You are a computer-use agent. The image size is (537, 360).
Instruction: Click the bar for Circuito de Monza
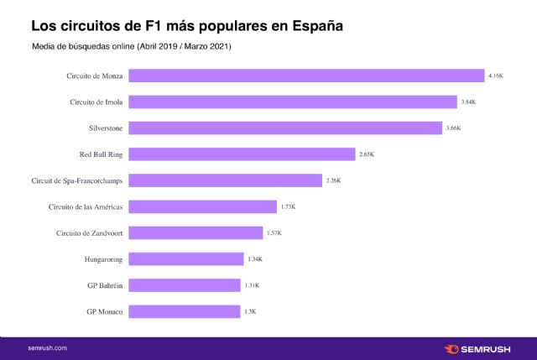pyautogui.click(x=306, y=76)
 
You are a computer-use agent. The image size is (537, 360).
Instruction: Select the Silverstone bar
pyautogui.click(x=285, y=128)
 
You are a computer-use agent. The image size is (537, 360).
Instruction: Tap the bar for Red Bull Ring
pyautogui.click(x=242, y=154)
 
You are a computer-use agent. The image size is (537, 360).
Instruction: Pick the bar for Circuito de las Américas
pyautogui.click(x=203, y=206)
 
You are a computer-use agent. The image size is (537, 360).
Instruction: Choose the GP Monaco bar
pyautogui.click(x=185, y=311)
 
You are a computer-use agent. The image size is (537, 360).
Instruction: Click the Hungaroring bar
pyautogui.click(x=186, y=259)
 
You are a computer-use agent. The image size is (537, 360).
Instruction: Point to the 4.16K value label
pyautogui.click(x=496, y=76)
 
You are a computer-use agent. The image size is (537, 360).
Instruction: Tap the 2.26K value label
pyautogui.click(x=333, y=180)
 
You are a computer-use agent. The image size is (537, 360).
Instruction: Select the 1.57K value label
pyautogui.click(x=274, y=233)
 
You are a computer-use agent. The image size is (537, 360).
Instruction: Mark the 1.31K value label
pyautogui.click(x=251, y=285)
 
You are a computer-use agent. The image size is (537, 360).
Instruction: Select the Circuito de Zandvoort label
pyautogui.click(x=89, y=233)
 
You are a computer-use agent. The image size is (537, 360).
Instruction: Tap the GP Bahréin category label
pyautogui.click(x=105, y=285)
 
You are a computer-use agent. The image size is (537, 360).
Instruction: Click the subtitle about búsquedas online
pyautogui.click(x=131, y=46)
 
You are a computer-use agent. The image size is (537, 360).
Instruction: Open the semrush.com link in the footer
pyautogui.click(x=47, y=347)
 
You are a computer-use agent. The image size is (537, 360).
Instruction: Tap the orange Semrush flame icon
pyautogui.click(x=451, y=347)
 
